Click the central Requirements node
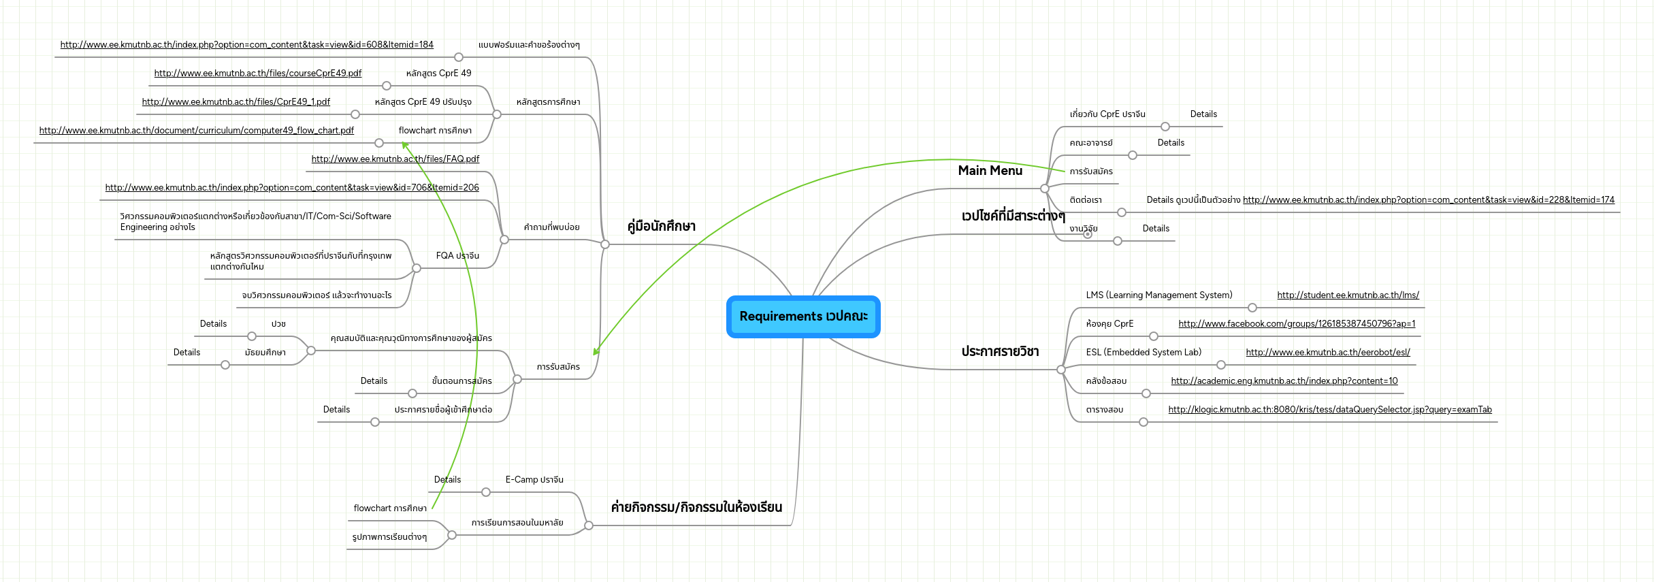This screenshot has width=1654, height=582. click(x=803, y=317)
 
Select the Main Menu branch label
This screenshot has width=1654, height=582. click(x=990, y=171)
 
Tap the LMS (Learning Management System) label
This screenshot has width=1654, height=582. click(x=1158, y=295)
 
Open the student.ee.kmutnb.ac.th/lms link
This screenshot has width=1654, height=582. click(x=1348, y=295)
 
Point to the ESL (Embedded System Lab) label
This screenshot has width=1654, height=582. click(x=1144, y=353)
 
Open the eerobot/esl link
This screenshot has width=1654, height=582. click(x=1327, y=353)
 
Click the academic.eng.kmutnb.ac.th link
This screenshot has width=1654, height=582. click(x=1284, y=381)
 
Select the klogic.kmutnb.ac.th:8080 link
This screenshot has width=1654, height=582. click(x=1329, y=410)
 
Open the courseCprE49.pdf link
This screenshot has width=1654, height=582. click(x=257, y=74)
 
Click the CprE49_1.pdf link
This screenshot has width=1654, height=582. click(x=236, y=102)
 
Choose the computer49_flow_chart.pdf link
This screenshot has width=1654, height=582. click(x=196, y=131)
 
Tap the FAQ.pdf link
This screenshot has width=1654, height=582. click(x=395, y=159)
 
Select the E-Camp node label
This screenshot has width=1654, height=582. click(x=534, y=480)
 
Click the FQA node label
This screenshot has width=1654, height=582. click(x=457, y=256)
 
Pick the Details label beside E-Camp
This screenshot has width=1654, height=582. click(x=447, y=480)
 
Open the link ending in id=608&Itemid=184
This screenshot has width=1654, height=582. click(x=246, y=45)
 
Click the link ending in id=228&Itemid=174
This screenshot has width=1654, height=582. click(x=1428, y=200)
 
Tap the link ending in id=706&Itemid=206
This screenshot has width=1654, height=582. click(x=291, y=188)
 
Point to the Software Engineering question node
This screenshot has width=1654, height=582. click(x=255, y=222)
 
